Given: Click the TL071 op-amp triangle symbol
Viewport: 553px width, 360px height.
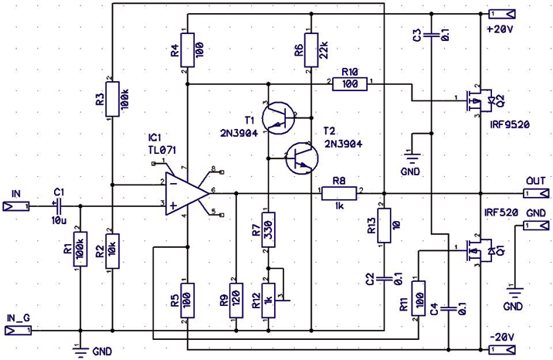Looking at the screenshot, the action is [187, 193].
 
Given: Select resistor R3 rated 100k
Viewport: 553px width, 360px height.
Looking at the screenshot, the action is [113, 99].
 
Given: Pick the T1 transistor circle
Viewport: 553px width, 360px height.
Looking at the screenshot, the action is [278, 118].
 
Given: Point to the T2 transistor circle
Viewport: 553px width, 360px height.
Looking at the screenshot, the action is [301, 158].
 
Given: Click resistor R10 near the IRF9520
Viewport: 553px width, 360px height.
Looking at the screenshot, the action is [350, 84].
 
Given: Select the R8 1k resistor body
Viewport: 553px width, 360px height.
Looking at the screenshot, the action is [339, 193].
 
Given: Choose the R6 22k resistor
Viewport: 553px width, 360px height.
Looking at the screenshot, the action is [310, 50].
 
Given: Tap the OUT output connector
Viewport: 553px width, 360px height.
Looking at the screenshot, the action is [536, 193].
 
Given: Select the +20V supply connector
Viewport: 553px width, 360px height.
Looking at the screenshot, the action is [501, 14].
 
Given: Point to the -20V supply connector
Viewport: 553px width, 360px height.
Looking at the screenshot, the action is [501, 350].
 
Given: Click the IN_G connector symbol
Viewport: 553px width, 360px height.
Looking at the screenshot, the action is [18, 331].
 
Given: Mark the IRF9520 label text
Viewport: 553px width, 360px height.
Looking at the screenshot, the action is [510, 124].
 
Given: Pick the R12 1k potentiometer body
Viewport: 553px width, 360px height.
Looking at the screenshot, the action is [268, 301].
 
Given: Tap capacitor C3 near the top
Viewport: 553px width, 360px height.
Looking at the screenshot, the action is [431, 35].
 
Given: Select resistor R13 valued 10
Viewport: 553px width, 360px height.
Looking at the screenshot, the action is [384, 226].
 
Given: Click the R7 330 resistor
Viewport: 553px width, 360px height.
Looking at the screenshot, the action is [268, 229].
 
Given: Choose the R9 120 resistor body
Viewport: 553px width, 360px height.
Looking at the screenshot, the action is [236, 301].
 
